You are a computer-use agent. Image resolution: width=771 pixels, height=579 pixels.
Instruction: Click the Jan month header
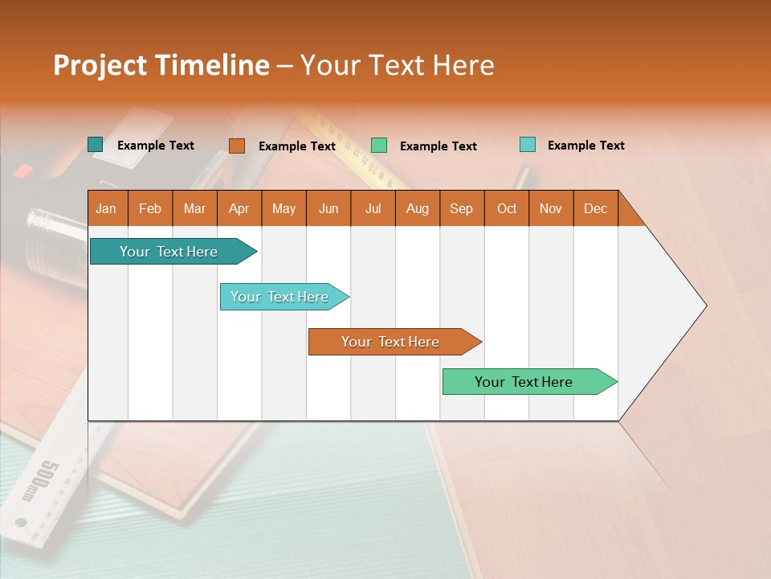coord(106,208)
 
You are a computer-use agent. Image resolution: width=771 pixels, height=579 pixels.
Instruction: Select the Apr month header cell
coord(239,208)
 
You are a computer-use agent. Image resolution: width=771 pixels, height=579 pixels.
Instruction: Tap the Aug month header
coord(417,208)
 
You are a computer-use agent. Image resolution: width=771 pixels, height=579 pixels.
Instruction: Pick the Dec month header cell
coord(595,208)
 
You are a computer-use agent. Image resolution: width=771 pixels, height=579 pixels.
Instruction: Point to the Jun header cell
coord(328,208)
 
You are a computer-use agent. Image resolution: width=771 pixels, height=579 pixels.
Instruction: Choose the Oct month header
coord(506,208)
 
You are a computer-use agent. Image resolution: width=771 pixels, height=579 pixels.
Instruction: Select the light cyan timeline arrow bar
coord(281,297)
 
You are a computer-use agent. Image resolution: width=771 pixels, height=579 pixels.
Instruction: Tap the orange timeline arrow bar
coord(392,342)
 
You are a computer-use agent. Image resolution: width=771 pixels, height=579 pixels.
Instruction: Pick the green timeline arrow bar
coord(526,382)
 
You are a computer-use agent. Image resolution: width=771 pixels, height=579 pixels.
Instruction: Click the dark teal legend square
coord(95,145)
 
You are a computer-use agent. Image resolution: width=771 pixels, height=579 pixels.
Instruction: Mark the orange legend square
coord(236,146)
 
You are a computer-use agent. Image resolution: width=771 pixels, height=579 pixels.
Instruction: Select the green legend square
coord(378,146)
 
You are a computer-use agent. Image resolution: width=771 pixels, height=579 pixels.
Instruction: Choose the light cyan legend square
coord(527,145)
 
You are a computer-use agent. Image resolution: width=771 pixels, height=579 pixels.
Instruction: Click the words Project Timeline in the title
coord(161,65)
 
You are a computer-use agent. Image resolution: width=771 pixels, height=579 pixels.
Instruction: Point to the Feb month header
coord(150,208)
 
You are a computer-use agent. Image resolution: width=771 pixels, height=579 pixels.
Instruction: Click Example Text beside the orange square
coord(296,146)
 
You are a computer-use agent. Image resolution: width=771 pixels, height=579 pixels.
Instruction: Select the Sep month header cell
coord(461,208)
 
